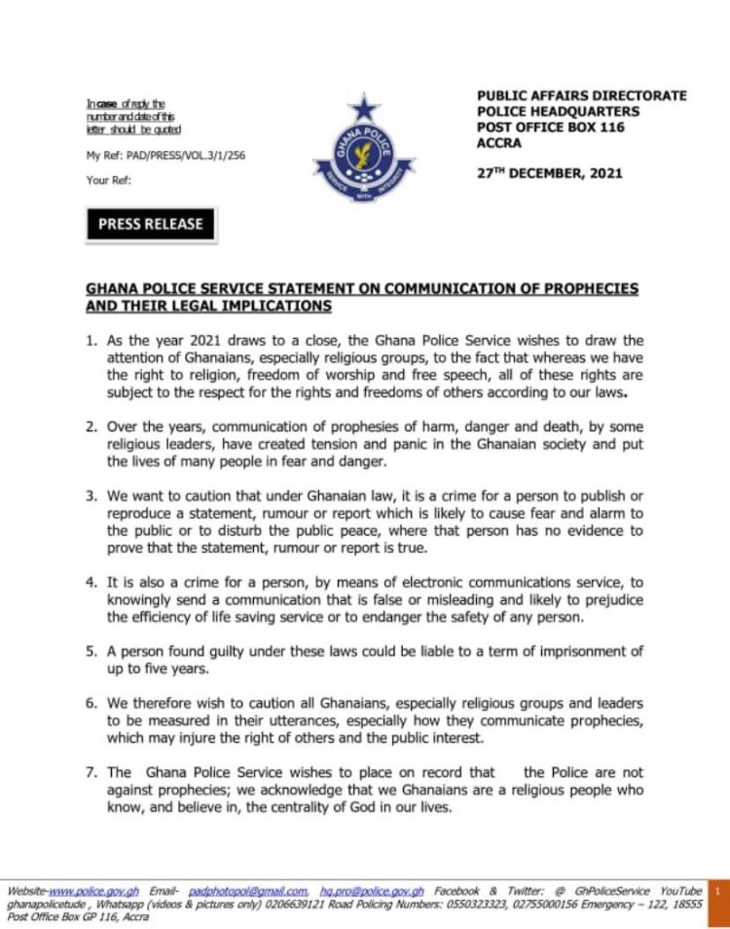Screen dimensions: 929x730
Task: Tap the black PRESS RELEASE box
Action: coord(151,224)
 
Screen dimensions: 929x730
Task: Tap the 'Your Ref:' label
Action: coord(108,180)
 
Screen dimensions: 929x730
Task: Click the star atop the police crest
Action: coord(364,105)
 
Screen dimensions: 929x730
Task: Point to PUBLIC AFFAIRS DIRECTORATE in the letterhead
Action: coord(581,96)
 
